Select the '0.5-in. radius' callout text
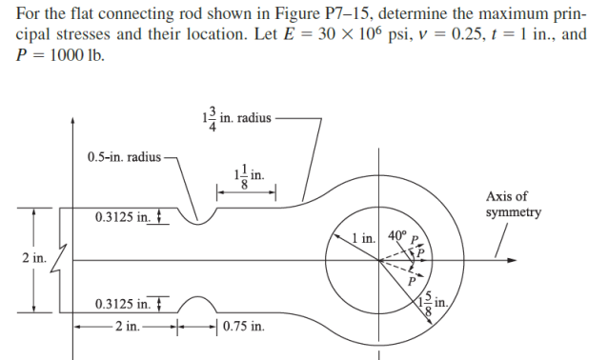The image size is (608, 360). pos(123,155)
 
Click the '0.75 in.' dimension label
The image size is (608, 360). pos(244,327)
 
